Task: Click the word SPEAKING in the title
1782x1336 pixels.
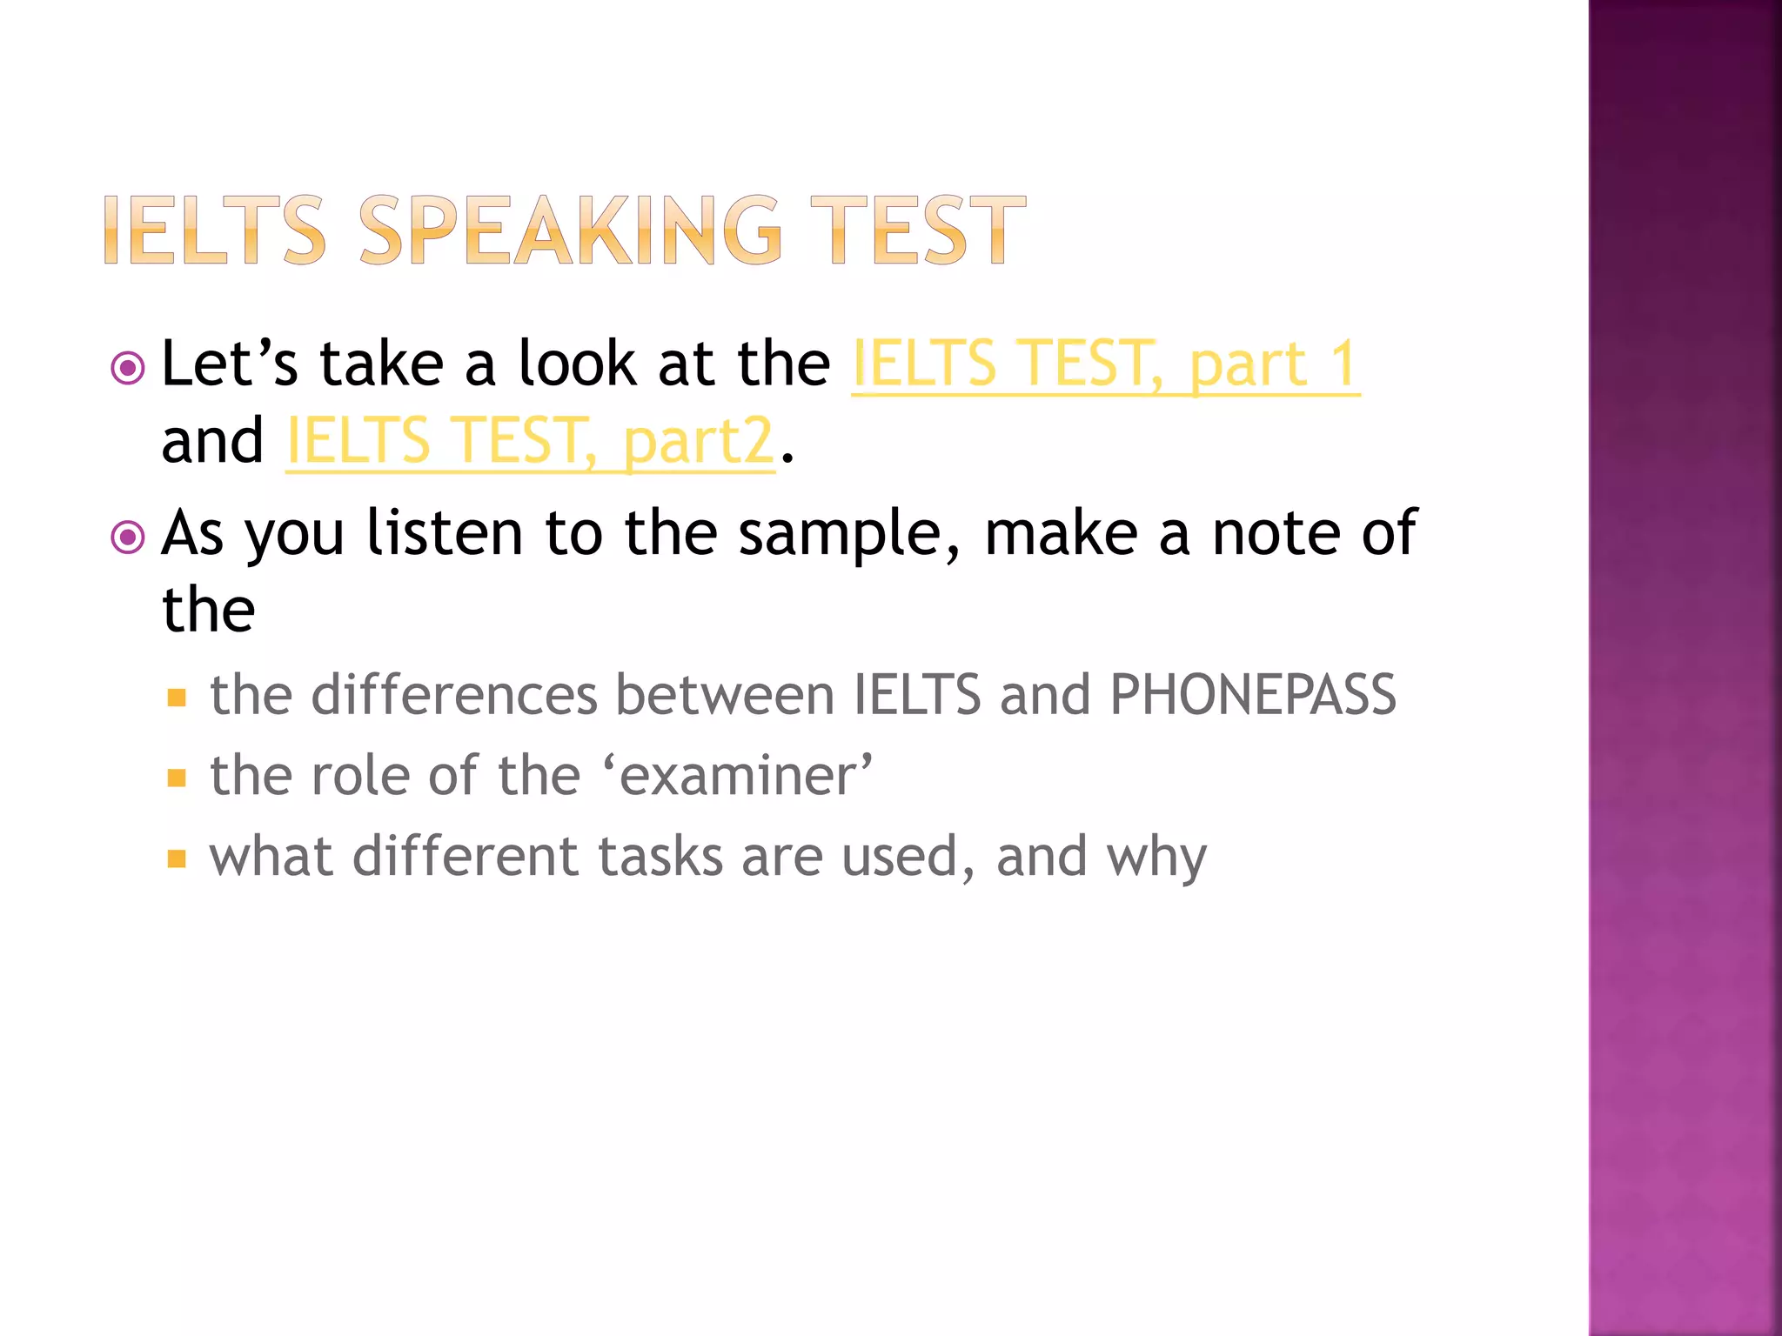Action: (x=570, y=230)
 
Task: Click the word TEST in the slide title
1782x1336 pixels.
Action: (x=918, y=230)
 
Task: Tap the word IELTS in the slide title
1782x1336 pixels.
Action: (x=214, y=230)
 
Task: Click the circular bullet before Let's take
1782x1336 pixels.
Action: (x=128, y=368)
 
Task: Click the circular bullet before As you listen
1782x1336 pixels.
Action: (x=128, y=538)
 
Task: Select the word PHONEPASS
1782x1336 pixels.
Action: (x=1253, y=695)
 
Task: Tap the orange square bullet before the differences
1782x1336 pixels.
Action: (x=177, y=698)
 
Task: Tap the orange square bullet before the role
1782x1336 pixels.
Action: (x=177, y=778)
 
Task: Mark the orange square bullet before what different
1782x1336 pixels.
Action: (x=177, y=859)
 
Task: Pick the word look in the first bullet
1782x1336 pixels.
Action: (x=578, y=364)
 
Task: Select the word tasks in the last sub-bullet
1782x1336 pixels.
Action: (x=660, y=857)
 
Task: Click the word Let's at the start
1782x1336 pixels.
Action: (x=230, y=364)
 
